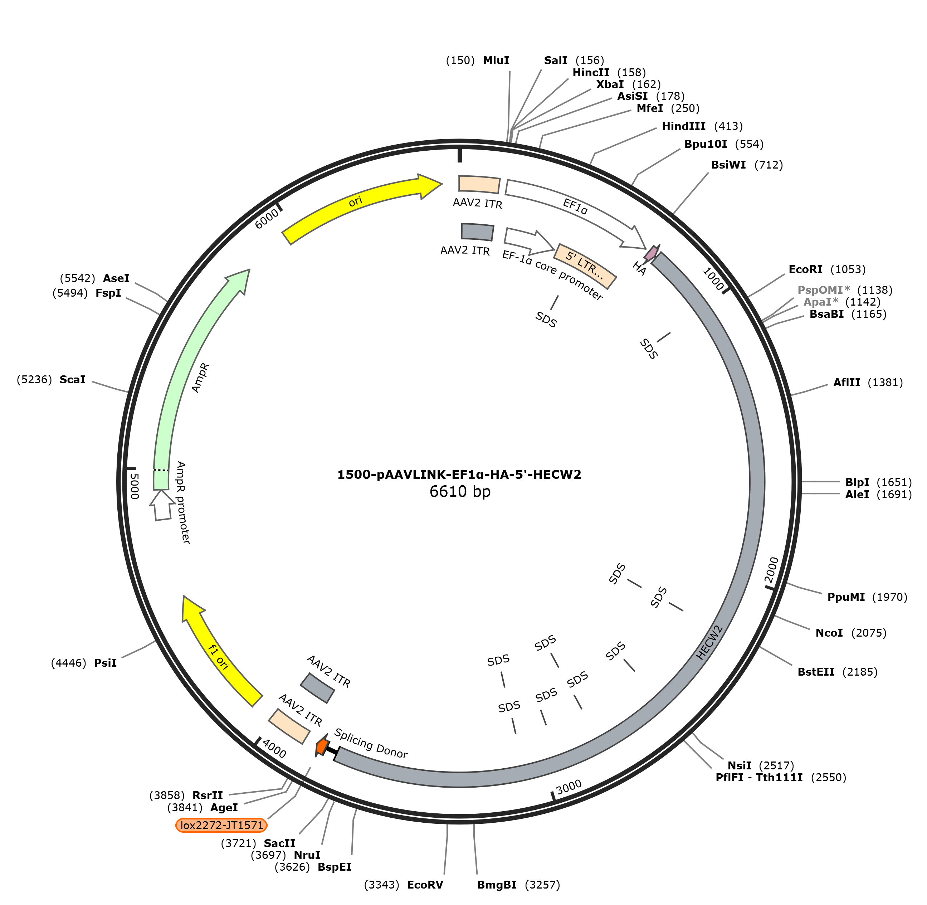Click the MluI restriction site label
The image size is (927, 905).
(x=496, y=60)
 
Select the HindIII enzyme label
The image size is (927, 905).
(x=683, y=126)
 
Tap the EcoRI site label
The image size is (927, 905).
(x=805, y=269)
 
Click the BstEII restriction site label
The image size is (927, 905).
(x=816, y=672)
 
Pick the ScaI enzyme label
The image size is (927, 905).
(x=72, y=379)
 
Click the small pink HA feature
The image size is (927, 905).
(x=651, y=252)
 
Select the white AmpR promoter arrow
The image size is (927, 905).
(x=162, y=505)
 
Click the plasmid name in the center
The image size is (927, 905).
(x=459, y=475)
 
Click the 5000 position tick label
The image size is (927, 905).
(x=135, y=486)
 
